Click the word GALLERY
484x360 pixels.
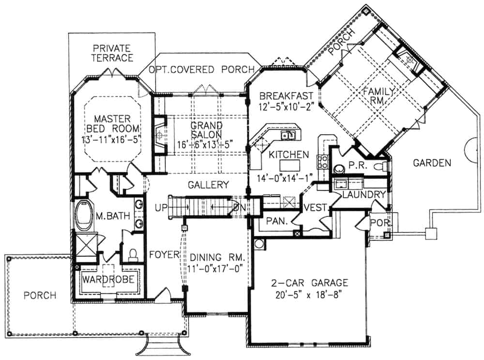pyautogui.click(x=208, y=184)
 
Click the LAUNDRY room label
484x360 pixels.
pyautogui.click(x=363, y=195)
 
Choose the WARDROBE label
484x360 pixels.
pyautogui.click(x=108, y=280)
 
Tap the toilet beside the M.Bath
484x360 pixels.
pyautogui.click(x=133, y=253)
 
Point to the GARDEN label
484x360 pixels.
pyautogui.click(x=432, y=163)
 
